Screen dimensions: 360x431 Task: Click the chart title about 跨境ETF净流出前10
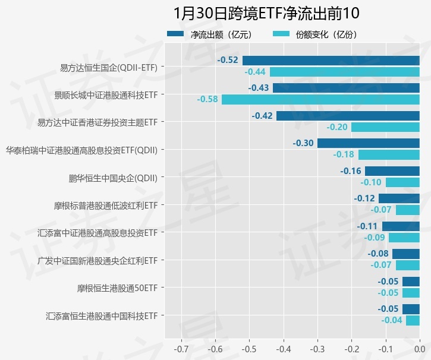point(266,13)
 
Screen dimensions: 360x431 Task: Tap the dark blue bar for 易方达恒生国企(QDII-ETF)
point(331,60)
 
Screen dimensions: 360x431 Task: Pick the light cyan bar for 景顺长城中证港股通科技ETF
point(320,99)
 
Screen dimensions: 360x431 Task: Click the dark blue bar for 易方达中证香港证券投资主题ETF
point(348,115)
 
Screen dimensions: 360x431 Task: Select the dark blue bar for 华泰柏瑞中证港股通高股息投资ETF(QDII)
point(368,143)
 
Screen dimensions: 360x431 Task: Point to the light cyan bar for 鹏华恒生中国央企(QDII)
point(402,182)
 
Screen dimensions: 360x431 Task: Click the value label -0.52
point(228,60)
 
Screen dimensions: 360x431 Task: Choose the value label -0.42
point(262,115)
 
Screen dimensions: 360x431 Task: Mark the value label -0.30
point(303,143)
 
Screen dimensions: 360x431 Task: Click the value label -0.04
point(391,320)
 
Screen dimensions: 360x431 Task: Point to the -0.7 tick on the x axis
point(181,348)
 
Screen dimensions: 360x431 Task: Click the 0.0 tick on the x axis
point(420,348)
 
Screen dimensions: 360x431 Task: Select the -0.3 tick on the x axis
point(317,348)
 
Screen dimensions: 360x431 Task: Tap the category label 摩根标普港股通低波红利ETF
point(105,206)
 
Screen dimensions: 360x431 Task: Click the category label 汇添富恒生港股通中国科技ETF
point(102,315)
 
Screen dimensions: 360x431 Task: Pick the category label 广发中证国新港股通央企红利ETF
point(97,260)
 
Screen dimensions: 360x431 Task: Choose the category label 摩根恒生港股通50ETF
point(117,288)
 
